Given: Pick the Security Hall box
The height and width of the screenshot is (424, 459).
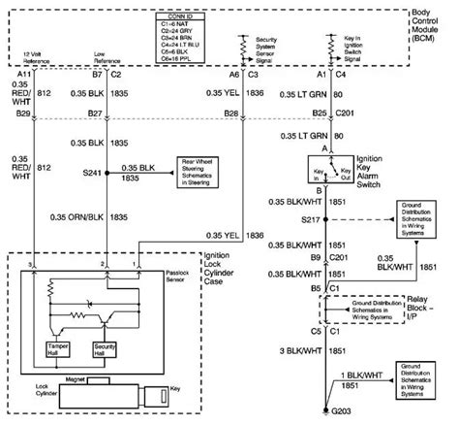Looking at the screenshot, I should (x=106, y=349).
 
